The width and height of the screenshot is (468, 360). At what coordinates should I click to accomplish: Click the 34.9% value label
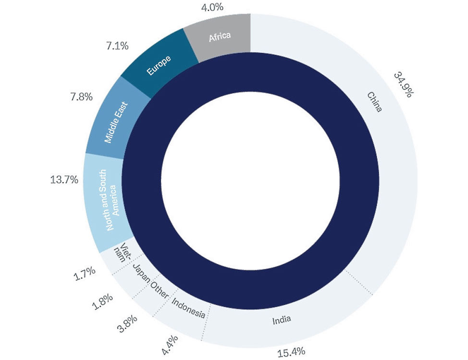[x=403, y=84]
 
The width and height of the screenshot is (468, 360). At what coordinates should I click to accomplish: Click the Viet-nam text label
[x=122, y=252]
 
